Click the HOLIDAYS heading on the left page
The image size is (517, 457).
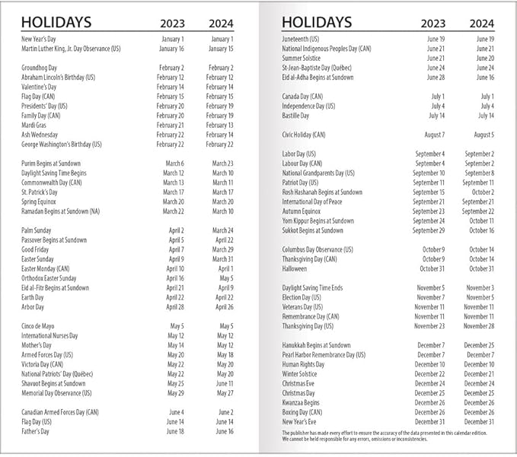(x=56, y=22)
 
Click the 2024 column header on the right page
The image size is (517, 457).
(x=481, y=23)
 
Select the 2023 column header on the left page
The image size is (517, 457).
(x=172, y=23)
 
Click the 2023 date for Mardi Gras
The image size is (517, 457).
(x=171, y=125)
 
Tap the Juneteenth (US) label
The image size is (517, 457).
(x=300, y=39)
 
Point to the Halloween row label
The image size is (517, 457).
(x=295, y=268)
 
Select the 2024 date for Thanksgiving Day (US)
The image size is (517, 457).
(x=479, y=326)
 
